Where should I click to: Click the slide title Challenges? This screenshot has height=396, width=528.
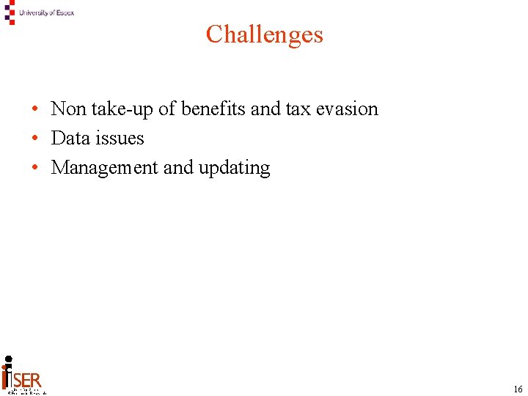(x=264, y=34)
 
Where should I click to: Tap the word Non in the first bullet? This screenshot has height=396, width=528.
(x=68, y=109)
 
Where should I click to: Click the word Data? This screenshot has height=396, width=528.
(x=68, y=139)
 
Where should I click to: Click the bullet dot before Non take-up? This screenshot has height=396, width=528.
(x=35, y=110)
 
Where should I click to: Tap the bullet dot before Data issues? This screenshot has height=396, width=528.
(x=35, y=139)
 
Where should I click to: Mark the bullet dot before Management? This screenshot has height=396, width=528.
(x=35, y=169)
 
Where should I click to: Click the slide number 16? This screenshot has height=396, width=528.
(x=518, y=389)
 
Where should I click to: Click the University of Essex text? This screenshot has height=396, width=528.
(x=47, y=12)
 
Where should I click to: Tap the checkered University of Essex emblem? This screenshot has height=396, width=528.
(x=9, y=12)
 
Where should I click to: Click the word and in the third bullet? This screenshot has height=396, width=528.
(x=178, y=168)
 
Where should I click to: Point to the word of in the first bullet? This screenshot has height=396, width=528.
(x=167, y=109)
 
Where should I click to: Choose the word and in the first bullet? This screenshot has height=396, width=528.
(x=265, y=109)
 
